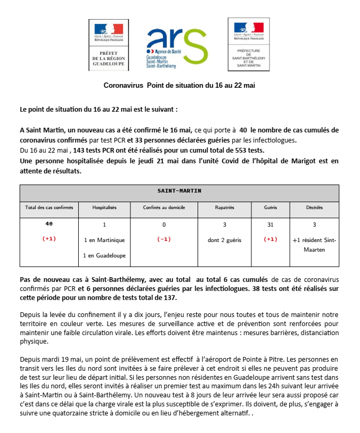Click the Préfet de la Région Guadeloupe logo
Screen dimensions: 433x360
tap(109, 46)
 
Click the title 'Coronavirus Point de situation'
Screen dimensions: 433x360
tap(179, 85)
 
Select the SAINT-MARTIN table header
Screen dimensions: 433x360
tap(179, 190)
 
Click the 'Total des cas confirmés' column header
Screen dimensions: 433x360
tap(49, 207)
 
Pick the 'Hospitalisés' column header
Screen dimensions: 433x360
tap(104, 207)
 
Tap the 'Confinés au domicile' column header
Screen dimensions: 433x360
tap(163, 207)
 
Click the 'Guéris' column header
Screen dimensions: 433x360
tap(270, 207)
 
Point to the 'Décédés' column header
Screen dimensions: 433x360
tap(314, 207)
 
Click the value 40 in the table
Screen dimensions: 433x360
tap(49, 224)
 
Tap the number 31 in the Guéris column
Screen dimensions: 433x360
tap(270, 224)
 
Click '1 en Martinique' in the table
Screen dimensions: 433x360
tap(104, 240)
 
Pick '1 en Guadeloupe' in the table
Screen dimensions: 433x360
tap(104, 255)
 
